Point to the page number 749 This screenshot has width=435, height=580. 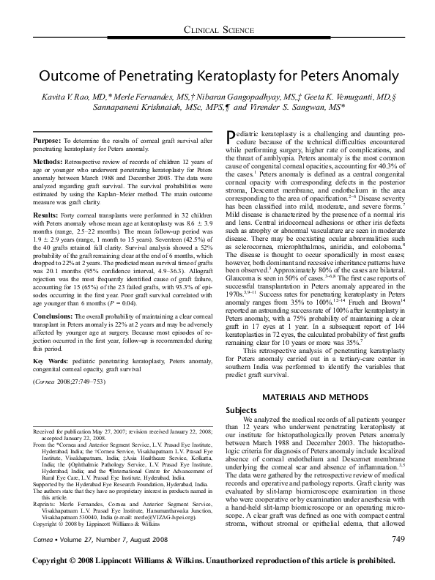pos(398,559)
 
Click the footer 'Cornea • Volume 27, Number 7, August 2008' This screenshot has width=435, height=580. pos(98,560)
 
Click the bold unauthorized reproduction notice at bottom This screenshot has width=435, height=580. pos(218,573)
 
